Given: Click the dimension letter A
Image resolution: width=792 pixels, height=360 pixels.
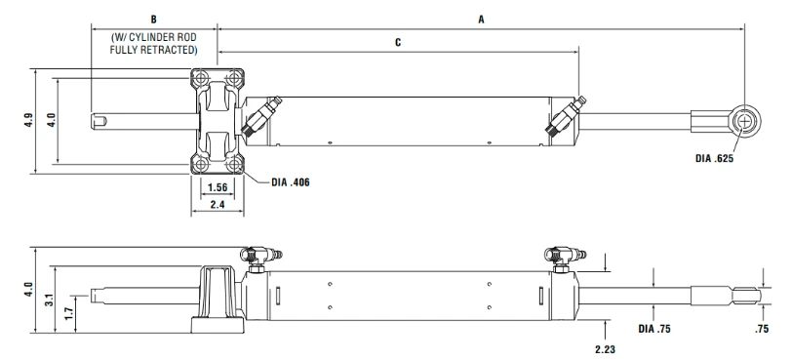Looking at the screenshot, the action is [x=482, y=20].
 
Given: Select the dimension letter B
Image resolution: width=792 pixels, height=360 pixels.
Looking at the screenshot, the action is [x=153, y=20].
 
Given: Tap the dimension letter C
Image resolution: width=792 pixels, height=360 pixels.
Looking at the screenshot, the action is [x=398, y=43].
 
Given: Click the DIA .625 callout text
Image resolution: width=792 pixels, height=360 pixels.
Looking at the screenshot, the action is [x=714, y=159].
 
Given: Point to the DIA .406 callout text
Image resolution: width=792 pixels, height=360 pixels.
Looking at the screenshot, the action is [x=291, y=182].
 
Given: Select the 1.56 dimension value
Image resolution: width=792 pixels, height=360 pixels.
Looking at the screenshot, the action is [x=218, y=188].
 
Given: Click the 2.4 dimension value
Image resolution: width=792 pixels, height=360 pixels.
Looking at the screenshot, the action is [x=218, y=205].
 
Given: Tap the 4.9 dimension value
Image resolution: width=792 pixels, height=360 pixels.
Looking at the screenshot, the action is [x=28, y=120].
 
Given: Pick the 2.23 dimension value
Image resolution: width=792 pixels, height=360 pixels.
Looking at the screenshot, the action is [x=605, y=349].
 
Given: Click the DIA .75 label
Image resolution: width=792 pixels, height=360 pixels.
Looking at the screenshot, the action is [x=654, y=329].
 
